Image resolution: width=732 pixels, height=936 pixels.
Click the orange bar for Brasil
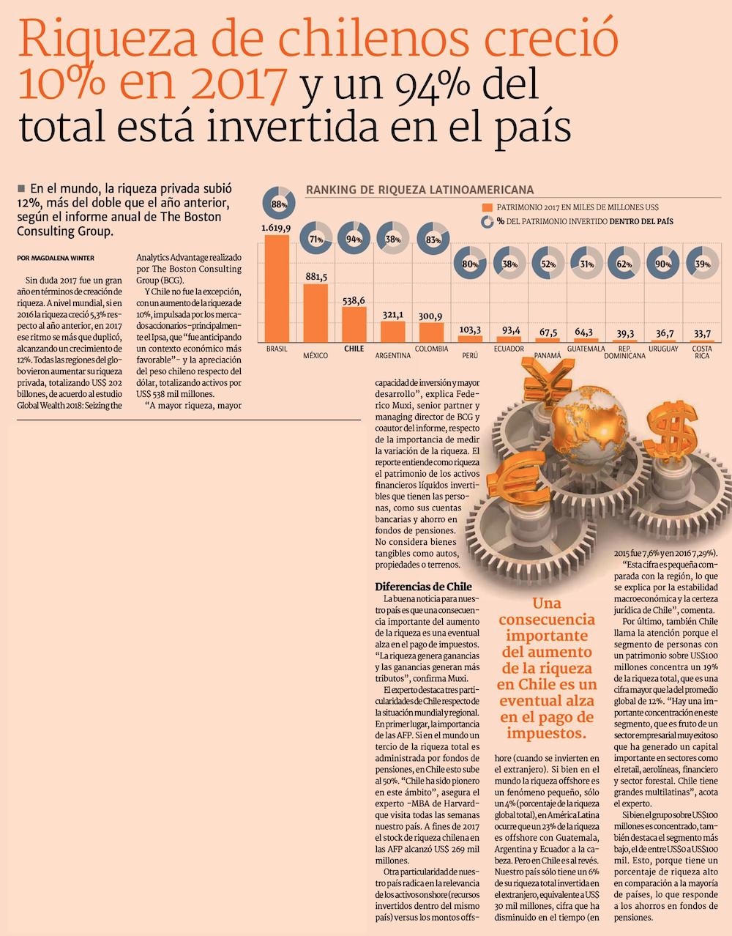coord(277,288)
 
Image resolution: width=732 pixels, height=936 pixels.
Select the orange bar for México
coord(315,313)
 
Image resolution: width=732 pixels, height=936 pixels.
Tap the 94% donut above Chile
coord(355,239)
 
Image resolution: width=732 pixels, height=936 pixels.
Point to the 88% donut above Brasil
coord(279,205)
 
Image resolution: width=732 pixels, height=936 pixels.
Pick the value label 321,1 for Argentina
coord(392,315)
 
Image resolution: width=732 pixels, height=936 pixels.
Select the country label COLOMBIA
coord(431,349)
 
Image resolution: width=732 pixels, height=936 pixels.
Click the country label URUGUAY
coord(662,349)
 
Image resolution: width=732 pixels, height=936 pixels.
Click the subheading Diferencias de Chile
coord(423,587)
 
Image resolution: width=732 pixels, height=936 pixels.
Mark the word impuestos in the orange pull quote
coord(542,733)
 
